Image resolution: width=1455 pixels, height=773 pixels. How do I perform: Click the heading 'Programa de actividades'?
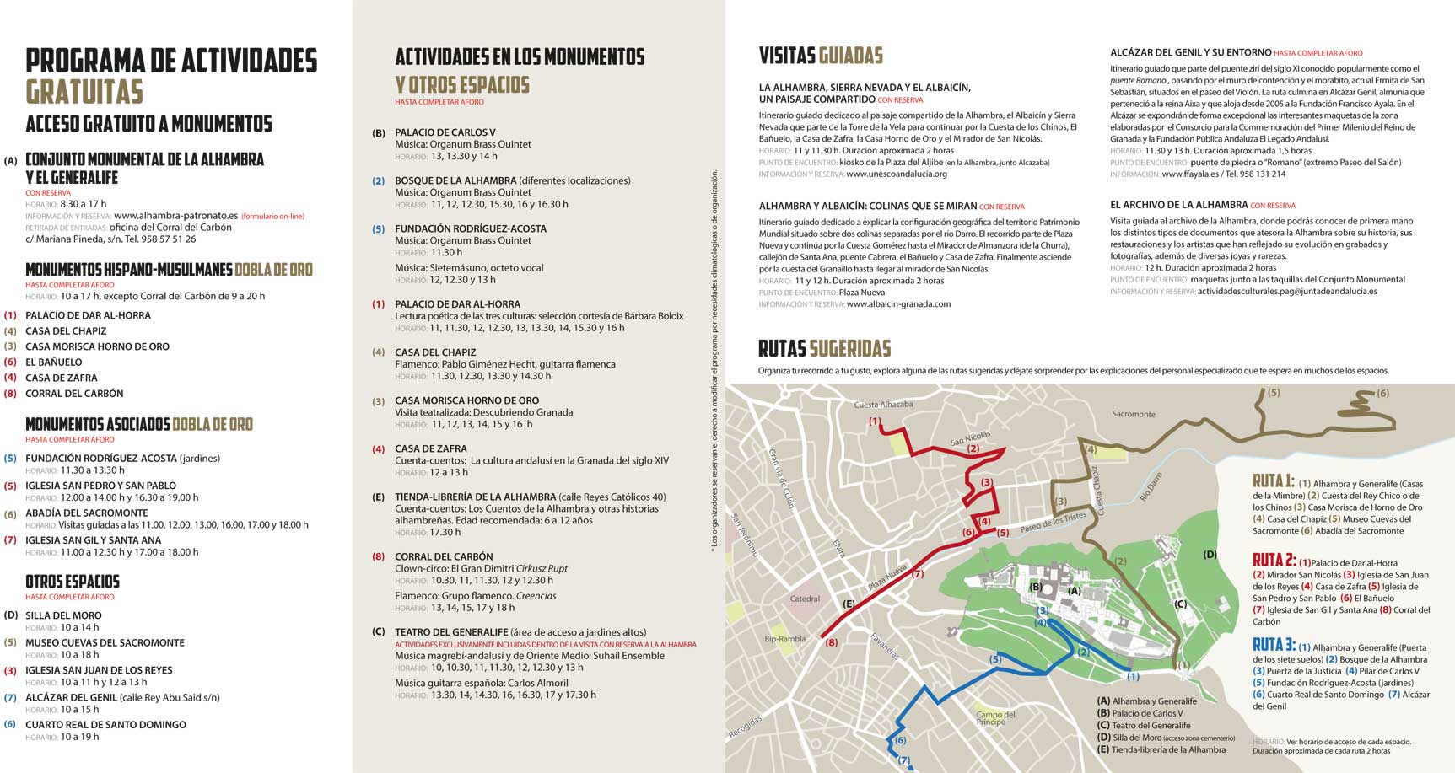[171, 62]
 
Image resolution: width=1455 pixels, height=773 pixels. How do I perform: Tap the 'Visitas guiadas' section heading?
[821, 56]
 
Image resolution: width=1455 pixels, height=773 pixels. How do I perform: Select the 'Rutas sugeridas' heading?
[824, 348]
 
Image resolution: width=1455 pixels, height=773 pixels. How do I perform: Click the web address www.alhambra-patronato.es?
[175, 216]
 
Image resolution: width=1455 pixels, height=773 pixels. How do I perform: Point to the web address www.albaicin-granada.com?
[898, 304]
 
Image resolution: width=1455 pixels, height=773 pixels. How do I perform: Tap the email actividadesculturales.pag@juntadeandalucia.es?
[1286, 291]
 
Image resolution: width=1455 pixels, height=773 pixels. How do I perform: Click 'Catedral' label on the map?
[805, 599]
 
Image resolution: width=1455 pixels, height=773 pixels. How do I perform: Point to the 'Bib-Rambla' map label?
[785, 639]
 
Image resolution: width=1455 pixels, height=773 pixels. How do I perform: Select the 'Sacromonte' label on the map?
[1133, 414]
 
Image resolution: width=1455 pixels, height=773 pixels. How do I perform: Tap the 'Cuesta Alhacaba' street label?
[883, 405]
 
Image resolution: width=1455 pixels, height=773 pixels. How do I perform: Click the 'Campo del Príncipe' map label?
[995, 718]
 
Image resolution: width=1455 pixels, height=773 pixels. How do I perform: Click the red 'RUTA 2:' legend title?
[1274, 561]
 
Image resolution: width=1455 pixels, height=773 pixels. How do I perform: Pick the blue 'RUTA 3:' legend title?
[1274, 646]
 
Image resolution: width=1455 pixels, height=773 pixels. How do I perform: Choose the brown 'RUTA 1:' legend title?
[1273, 481]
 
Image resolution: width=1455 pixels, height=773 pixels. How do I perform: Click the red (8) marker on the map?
[832, 642]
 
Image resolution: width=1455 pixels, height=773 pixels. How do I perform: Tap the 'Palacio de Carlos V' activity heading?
[445, 132]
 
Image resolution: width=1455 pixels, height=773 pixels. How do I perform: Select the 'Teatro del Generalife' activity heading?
[451, 631]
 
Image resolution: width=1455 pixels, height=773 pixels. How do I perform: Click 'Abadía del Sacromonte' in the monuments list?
[87, 513]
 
